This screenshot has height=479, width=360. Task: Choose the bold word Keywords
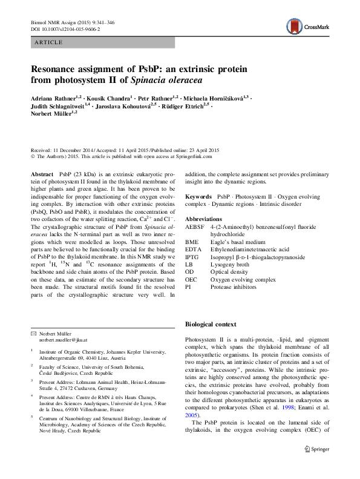pos(198,197)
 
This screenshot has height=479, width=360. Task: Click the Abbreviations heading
pos(205,219)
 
